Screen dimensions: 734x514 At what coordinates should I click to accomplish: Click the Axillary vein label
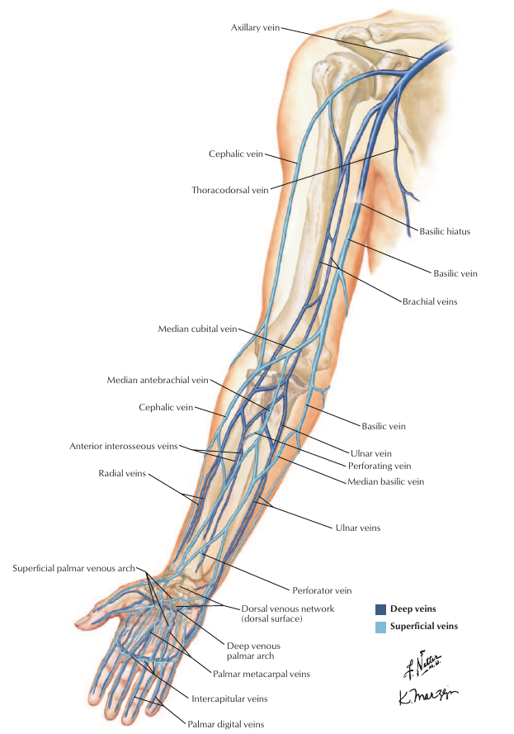tap(256, 28)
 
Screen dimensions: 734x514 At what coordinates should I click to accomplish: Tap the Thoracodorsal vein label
tap(230, 190)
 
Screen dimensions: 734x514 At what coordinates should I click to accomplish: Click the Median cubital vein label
tap(197, 329)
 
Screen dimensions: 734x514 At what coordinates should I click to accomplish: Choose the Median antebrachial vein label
tap(158, 381)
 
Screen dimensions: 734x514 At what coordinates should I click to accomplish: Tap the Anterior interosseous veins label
tap(124, 447)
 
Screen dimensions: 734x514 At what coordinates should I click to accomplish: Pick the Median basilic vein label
tap(385, 481)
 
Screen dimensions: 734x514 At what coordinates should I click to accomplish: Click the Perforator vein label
tap(322, 590)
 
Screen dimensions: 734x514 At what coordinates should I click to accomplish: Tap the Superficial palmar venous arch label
tap(74, 568)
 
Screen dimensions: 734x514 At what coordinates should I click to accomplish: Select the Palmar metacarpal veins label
tap(262, 674)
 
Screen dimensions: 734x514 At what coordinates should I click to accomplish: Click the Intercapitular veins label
tap(229, 698)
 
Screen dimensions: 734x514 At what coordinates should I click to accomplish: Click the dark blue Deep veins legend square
tap(380, 609)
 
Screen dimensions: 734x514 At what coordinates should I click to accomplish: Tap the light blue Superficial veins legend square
tap(380, 627)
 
